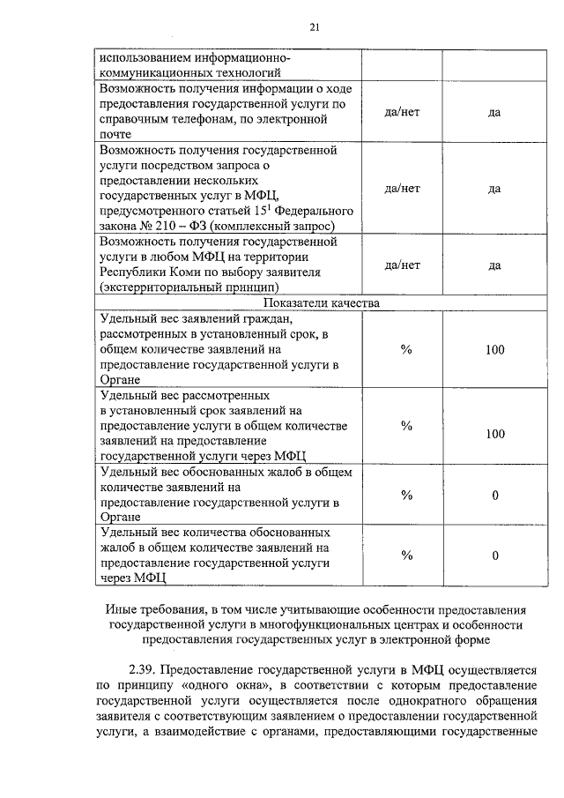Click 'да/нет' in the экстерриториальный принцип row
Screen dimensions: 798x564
tap(403, 265)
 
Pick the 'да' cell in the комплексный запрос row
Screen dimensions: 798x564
tap(494, 189)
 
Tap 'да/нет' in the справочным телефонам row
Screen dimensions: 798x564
tap(403, 113)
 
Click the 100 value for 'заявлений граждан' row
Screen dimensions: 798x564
tap(494, 350)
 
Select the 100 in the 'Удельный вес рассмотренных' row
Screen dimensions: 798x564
tap(494, 434)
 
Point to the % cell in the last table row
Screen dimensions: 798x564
tap(406, 556)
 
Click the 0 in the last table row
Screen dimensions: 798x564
tap(494, 556)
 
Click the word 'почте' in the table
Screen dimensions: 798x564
tap(115, 134)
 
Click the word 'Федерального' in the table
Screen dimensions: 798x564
tap(314, 212)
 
